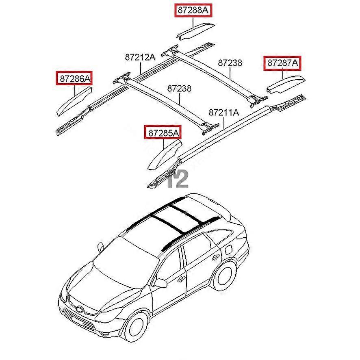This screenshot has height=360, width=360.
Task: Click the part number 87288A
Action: coord(193,10)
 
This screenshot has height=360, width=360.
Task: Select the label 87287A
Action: coord(282,63)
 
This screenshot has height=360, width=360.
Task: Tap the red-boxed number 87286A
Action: coord(74,78)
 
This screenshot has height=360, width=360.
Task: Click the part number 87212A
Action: coord(140,57)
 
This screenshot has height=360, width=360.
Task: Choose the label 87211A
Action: coord(223,113)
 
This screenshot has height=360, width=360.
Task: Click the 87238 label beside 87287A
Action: coord(230,63)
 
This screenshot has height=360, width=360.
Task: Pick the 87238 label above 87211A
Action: coord(179,89)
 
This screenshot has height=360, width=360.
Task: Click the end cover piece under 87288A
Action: coord(195,31)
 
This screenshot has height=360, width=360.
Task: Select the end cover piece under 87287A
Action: coord(286,84)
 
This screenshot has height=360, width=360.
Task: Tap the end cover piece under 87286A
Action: coord(74,101)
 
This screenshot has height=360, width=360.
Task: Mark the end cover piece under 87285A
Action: coord(164,156)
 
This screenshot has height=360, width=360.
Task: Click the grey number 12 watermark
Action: coord(178,179)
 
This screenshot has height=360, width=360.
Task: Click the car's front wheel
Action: coord(137,327)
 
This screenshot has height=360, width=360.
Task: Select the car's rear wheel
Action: coord(225,276)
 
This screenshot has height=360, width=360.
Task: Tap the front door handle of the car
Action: coord(181,279)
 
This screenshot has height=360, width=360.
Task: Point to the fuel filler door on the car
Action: coord(228,250)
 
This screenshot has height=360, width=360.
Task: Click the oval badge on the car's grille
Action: coord(80,310)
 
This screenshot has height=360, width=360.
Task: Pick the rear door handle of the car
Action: coord(215,258)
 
